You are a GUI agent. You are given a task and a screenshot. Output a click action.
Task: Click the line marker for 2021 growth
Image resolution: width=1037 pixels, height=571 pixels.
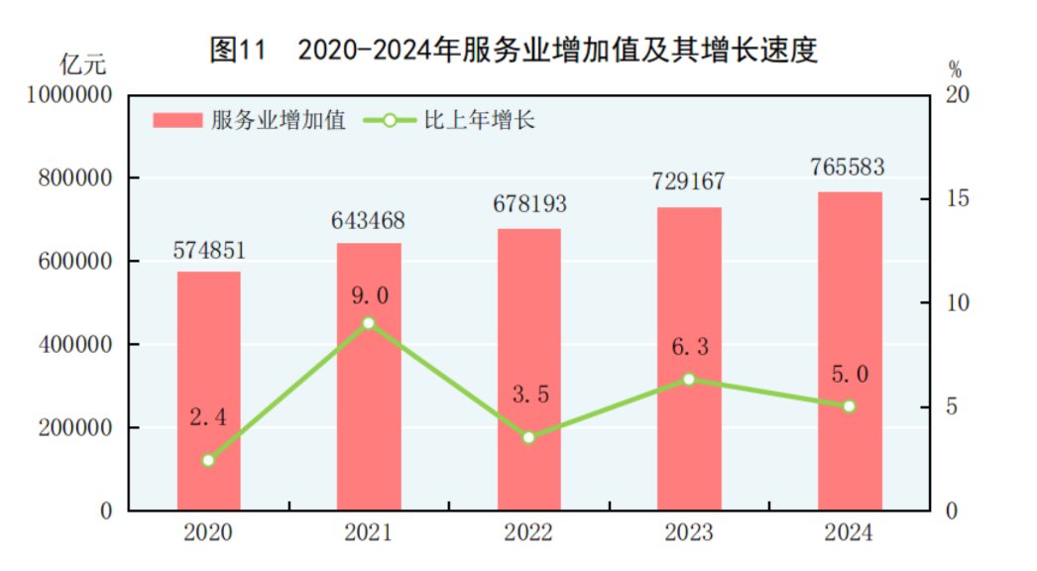click(368, 323)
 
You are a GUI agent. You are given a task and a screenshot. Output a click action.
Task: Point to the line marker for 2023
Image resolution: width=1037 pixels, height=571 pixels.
click(689, 379)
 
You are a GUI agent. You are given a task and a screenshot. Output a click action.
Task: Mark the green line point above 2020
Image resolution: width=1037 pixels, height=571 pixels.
click(208, 460)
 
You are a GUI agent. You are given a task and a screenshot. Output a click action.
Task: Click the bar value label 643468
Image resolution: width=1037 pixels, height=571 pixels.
click(368, 220)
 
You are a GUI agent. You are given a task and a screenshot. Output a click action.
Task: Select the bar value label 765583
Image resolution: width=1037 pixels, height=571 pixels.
click(850, 167)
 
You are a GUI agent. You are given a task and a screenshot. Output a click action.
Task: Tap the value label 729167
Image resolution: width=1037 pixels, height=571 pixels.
click(689, 182)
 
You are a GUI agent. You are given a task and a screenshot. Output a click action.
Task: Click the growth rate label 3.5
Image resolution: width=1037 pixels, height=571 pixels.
click(529, 395)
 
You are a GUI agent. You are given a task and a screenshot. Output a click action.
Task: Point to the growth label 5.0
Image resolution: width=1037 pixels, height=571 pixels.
click(850, 374)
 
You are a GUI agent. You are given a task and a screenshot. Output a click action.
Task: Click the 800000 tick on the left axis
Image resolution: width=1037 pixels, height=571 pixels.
click(73, 178)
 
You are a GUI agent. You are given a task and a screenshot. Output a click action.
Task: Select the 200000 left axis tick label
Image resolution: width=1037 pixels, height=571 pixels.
click(73, 428)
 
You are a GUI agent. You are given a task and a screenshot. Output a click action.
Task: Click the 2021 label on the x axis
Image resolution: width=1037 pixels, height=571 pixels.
click(368, 533)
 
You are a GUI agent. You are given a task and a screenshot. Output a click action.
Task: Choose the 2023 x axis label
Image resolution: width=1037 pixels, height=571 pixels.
click(689, 533)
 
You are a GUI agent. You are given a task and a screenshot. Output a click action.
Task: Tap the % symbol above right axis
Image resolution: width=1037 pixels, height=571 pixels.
click(955, 69)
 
